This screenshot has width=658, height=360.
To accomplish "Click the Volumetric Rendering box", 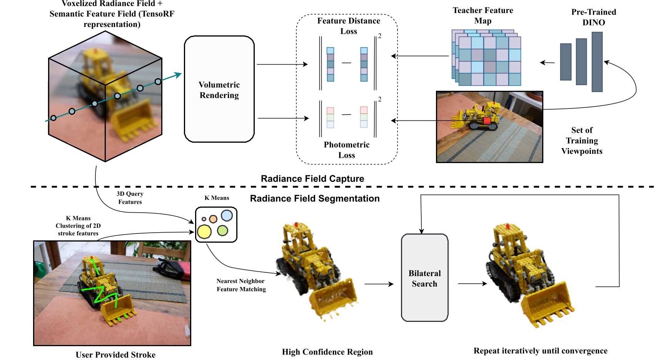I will (219, 89).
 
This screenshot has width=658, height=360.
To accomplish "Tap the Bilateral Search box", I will (424, 278).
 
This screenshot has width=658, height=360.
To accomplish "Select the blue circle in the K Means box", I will (227, 215).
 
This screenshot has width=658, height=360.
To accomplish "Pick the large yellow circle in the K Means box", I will (204, 232).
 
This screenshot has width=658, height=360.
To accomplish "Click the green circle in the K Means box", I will (222, 230).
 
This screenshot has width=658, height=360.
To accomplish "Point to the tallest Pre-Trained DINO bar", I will (597, 62).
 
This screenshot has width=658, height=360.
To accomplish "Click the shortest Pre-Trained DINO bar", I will (566, 62).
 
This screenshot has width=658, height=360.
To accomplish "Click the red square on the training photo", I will (487, 120).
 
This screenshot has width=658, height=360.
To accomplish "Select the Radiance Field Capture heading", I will (312, 178).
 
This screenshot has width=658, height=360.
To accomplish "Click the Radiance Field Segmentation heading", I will (314, 198).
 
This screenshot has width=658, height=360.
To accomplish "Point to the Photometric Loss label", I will (346, 150).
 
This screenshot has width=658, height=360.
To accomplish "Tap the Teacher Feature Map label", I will (483, 15).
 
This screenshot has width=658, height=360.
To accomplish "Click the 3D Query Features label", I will (130, 198).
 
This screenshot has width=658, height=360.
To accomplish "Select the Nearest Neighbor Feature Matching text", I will (241, 285).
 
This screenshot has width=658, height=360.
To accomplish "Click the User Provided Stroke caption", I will (115, 354).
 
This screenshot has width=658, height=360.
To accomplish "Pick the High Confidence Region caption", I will (327, 352).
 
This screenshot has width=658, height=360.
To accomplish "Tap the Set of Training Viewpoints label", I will (581, 140).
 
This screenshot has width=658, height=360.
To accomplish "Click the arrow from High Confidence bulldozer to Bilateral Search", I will (379, 284).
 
